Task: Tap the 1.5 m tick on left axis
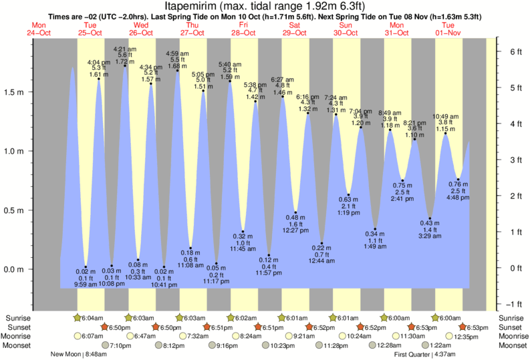[x=14, y=92]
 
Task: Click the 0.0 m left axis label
[x=14, y=269]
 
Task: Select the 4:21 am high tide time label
[x=125, y=49]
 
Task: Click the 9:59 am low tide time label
[x=86, y=285]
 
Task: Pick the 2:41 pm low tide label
[x=403, y=199]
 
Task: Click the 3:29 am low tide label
[x=430, y=236]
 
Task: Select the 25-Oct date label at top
[x=90, y=32]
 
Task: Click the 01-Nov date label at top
[x=448, y=32]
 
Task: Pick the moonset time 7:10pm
[x=120, y=345]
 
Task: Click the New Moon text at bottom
[x=68, y=354]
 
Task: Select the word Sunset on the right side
[x=511, y=327]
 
